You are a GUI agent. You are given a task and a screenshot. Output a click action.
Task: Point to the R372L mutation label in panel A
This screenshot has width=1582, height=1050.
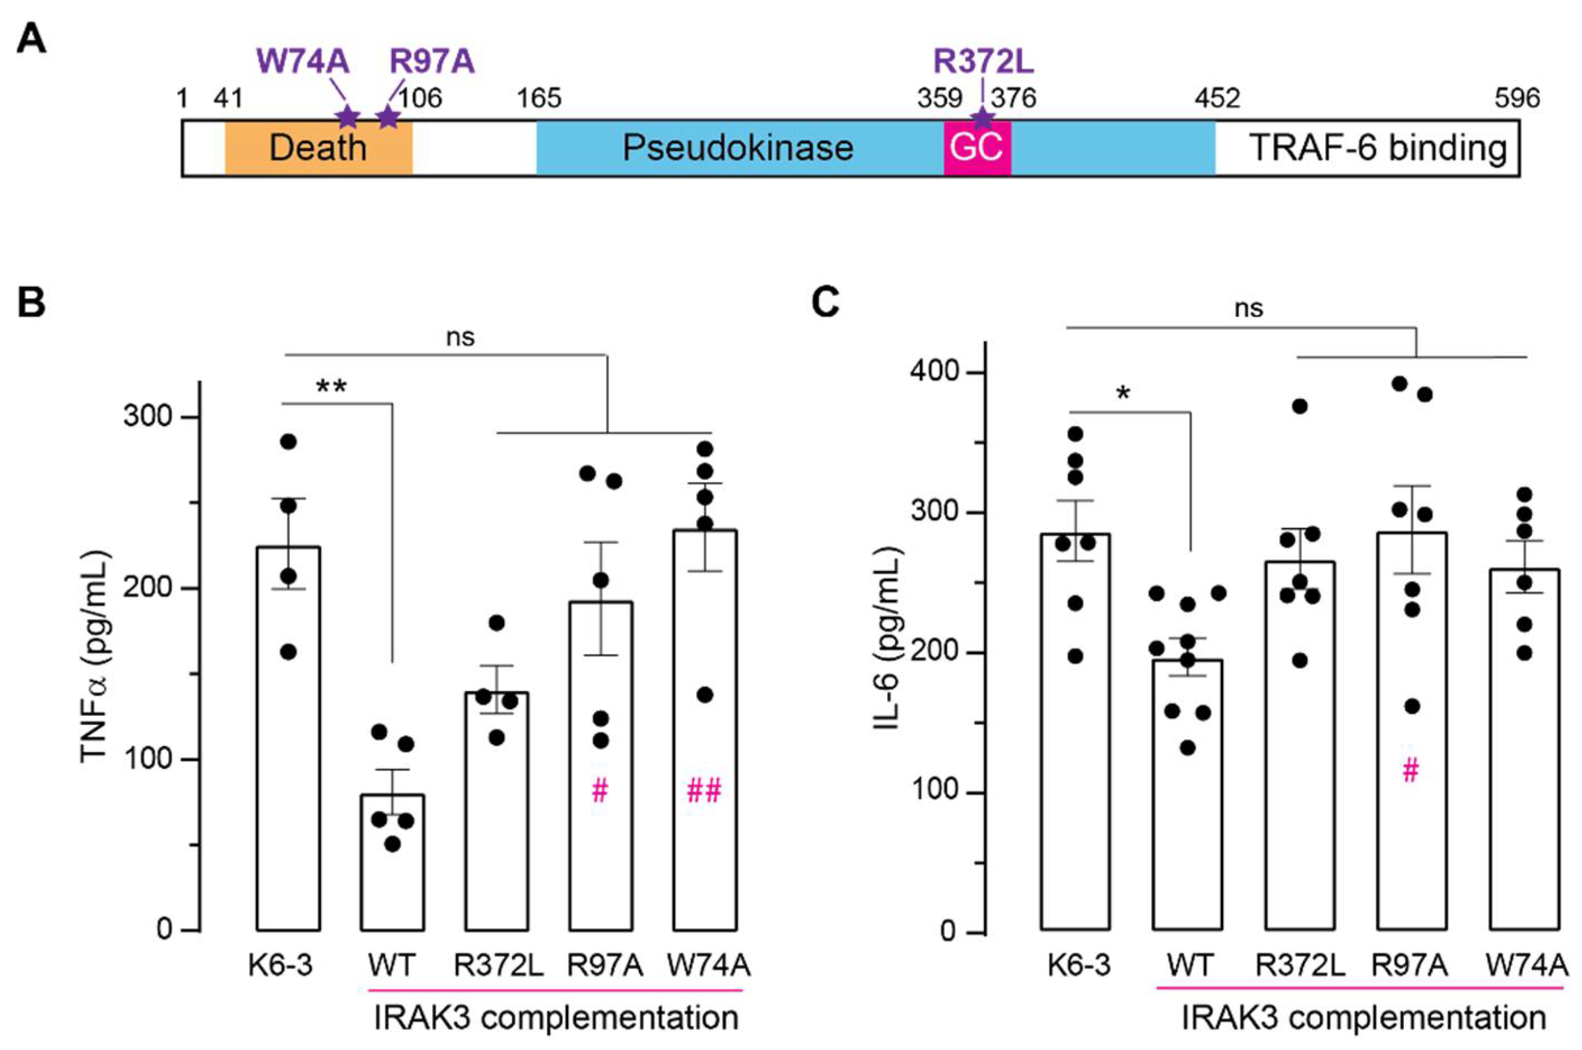[x=983, y=62]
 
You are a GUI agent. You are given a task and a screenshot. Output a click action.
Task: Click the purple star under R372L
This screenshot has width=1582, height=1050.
[x=982, y=118]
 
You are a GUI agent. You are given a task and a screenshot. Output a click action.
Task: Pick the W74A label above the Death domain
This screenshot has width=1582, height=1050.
[x=303, y=62]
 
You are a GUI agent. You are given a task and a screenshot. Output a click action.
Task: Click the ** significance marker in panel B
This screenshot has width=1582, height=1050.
[x=331, y=387]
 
